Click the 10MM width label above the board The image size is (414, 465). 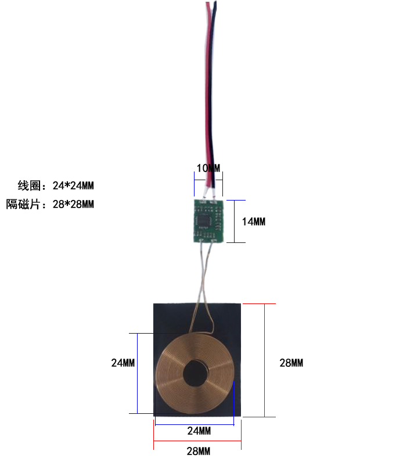coord(208,169)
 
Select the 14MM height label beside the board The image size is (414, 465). coord(254,222)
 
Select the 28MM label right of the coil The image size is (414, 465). coord(291,363)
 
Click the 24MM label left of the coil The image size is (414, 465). coord(123,363)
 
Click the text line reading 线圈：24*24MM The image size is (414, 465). coord(56,186)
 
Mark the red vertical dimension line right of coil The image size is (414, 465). coord(265,360)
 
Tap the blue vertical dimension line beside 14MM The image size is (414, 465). coord(234,221)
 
